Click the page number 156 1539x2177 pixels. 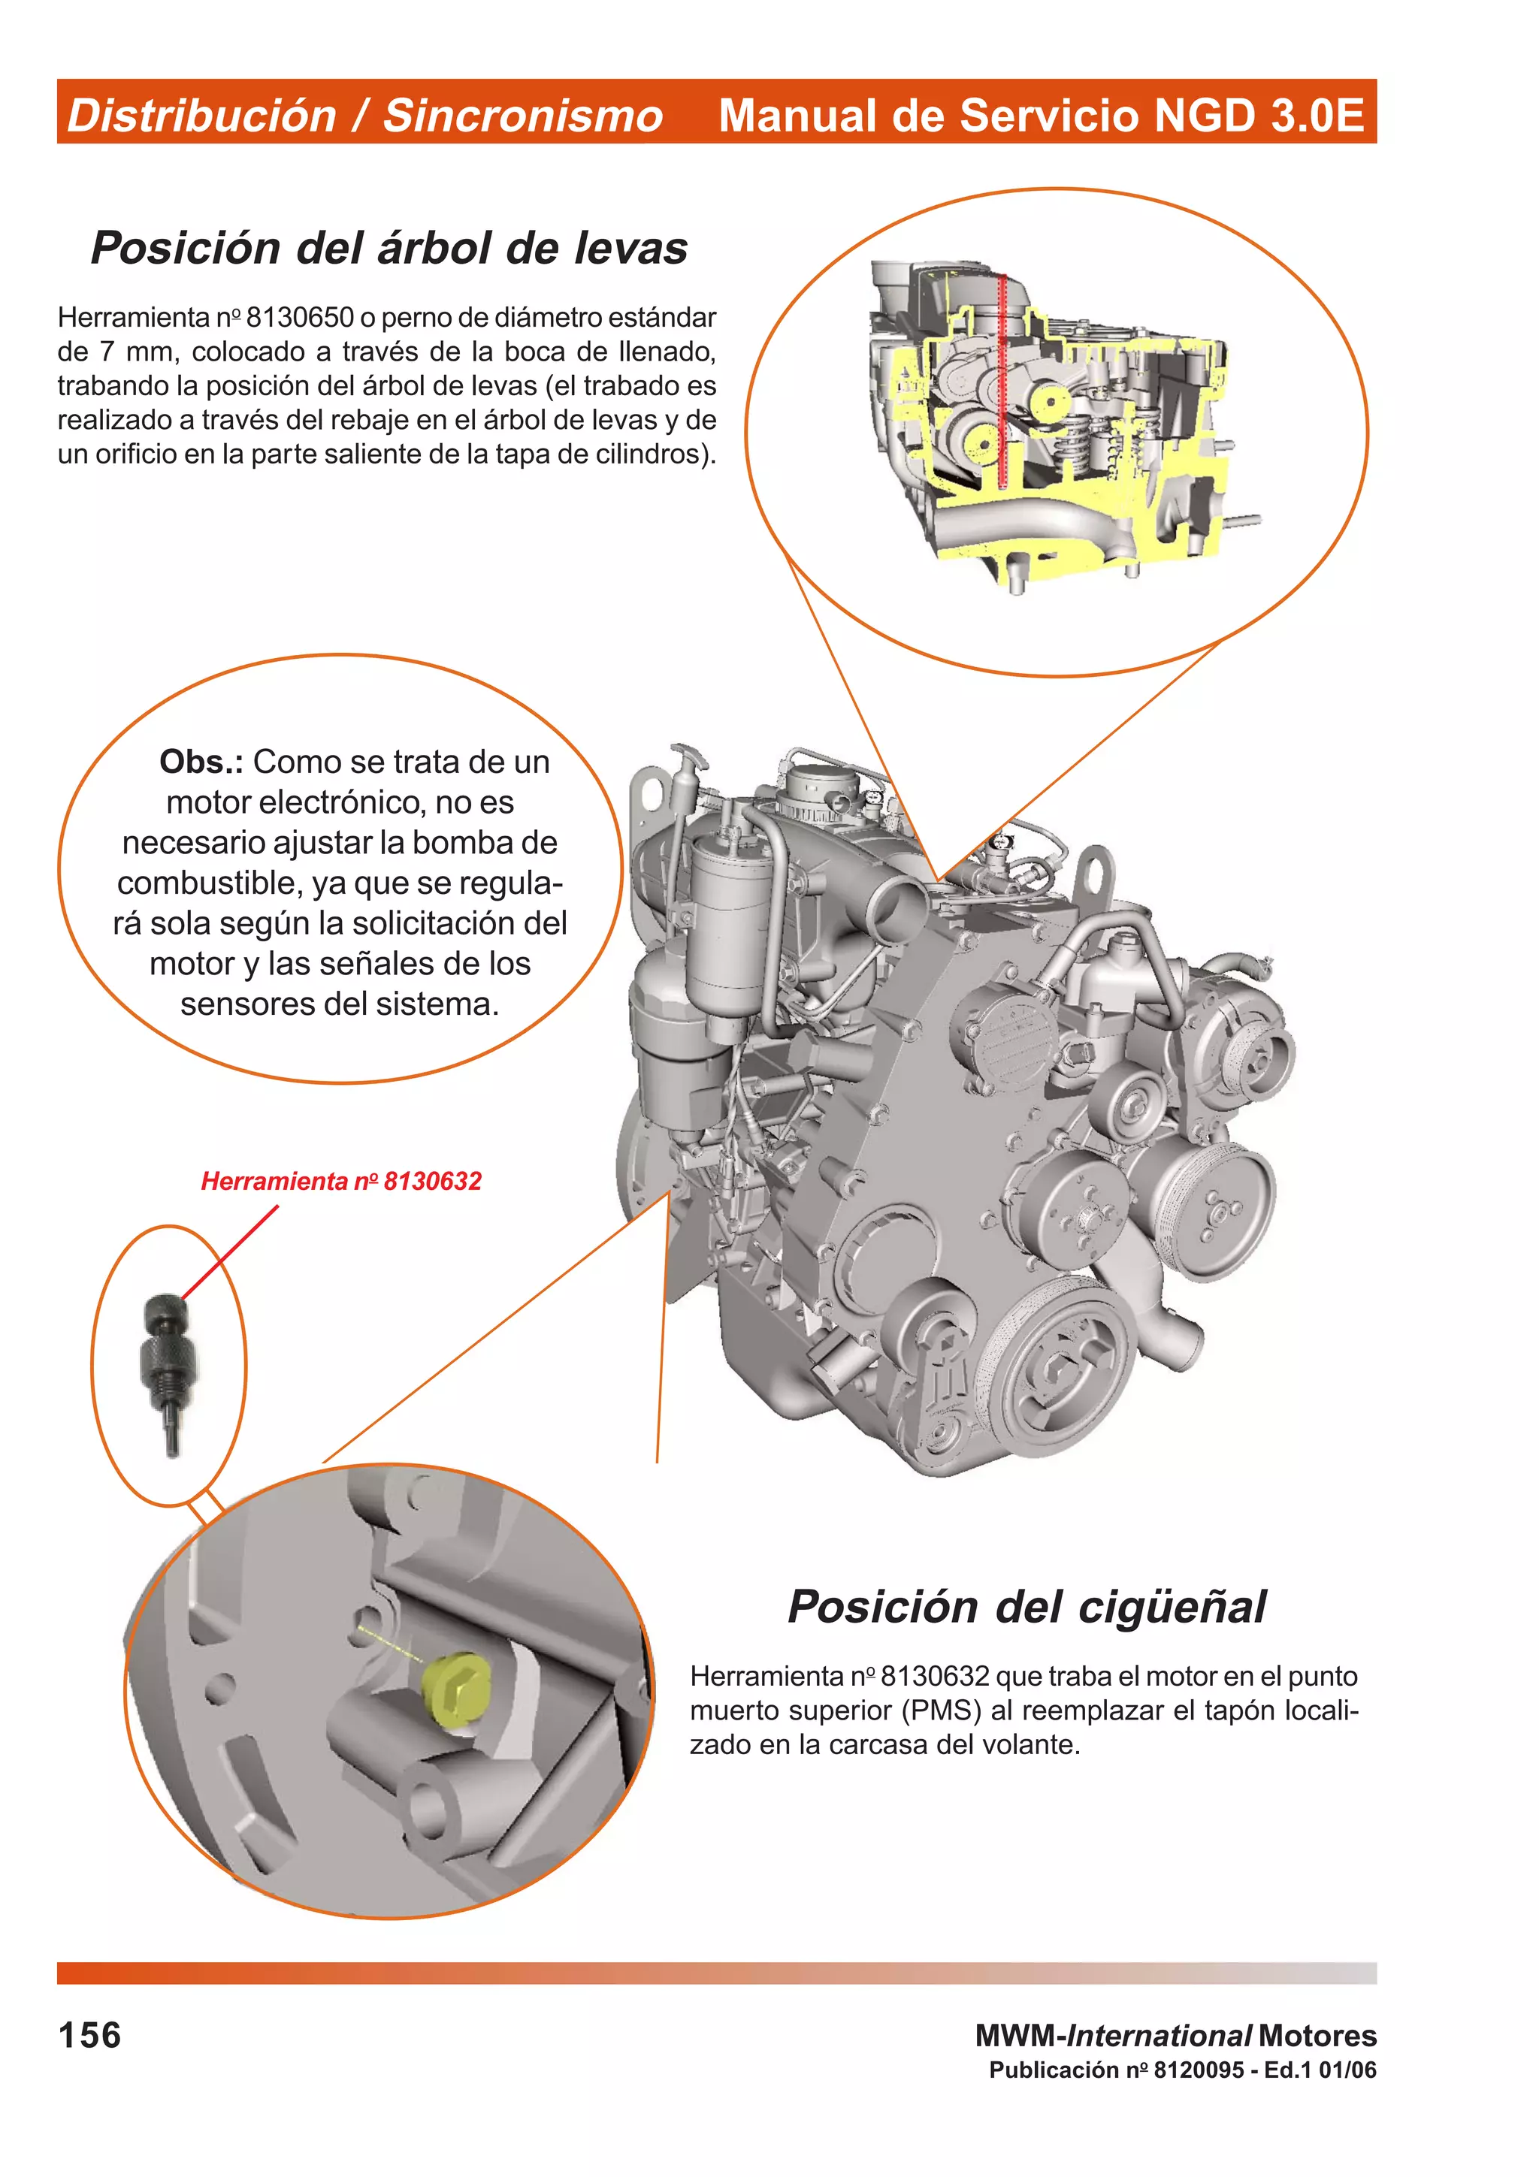coord(90,2035)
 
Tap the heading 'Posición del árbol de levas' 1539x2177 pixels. coord(389,249)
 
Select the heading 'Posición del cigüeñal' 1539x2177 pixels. coord(1026,1606)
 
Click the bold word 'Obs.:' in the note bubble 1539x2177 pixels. coord(201,762)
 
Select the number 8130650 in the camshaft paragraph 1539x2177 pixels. coord(300,317)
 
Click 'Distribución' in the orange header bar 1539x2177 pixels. coord(201,116)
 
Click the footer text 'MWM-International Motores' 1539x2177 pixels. coord(1176,2035)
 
